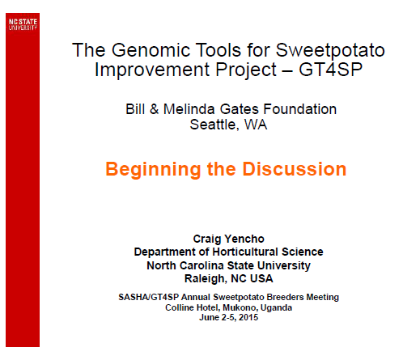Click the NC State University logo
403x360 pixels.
point(23,24)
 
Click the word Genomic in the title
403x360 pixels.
point(151,50)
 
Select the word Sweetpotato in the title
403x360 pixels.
point(330,51)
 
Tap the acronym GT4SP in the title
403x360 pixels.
point(330,70)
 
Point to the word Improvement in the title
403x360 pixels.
point(152,70)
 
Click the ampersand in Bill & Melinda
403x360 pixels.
point(154,109)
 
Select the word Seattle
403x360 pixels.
point(214,125)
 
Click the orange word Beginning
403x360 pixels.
point(153,170)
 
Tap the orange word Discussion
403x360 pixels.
point(294,169)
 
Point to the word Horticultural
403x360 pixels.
point(245,252)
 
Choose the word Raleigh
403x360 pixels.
point(206,279)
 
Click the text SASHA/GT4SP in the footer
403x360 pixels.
point(148,297)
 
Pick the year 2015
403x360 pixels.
point(248,317)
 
